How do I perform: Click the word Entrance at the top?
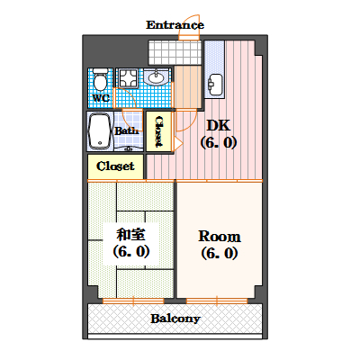[175, 24]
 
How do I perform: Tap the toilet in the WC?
[100, 79]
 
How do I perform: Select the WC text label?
[100, 97]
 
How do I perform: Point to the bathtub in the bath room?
[99, 131]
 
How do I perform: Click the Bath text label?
[125, 130]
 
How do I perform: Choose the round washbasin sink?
[157, 77]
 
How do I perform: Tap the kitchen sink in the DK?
[215, 85]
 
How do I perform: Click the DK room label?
[218, 125]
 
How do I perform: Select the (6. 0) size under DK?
[219, 142]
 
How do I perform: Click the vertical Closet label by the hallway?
[159, 131]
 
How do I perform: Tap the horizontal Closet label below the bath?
[115, 166]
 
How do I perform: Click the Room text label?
[219, 236]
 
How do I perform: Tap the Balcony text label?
[175, 319]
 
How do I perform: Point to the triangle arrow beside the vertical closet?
[177, 142]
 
